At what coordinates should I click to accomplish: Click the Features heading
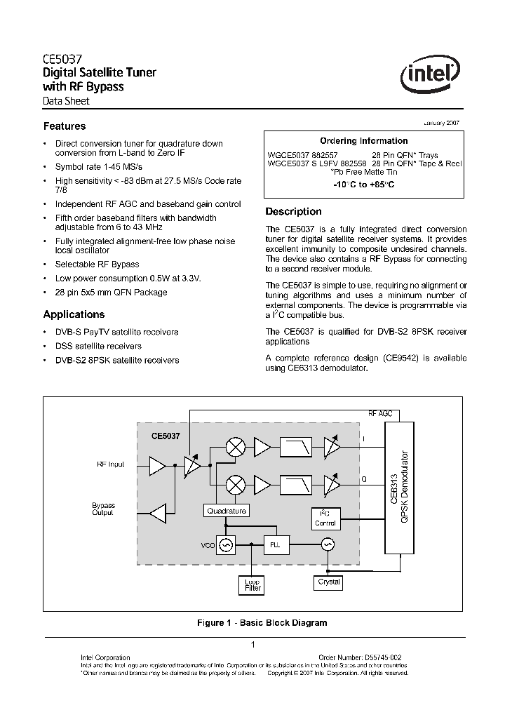click(65, 126)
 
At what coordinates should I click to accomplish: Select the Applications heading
click(74, 314)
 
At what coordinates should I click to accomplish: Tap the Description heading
click(293, 211)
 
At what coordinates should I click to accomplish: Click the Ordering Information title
click(363, 141)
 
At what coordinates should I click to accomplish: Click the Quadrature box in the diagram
click(227, 511)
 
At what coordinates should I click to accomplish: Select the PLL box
click(274, 544)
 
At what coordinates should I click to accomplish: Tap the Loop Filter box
click(252, 585)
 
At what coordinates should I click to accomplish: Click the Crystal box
click(329, 582)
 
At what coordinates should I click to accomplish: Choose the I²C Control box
click(325, 518)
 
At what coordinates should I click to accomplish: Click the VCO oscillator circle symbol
click(226, 544)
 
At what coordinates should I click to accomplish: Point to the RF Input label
click(110, 464)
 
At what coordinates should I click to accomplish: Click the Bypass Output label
click(103, 509)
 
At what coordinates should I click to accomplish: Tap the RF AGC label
click(380, 414)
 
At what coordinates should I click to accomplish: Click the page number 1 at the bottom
click(252, 645)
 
